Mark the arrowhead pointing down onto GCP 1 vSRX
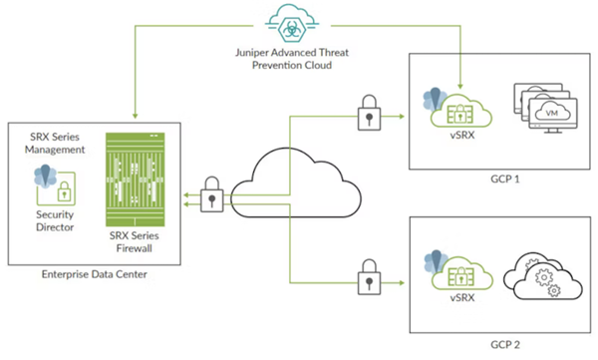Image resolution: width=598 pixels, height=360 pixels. point(460,88)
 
